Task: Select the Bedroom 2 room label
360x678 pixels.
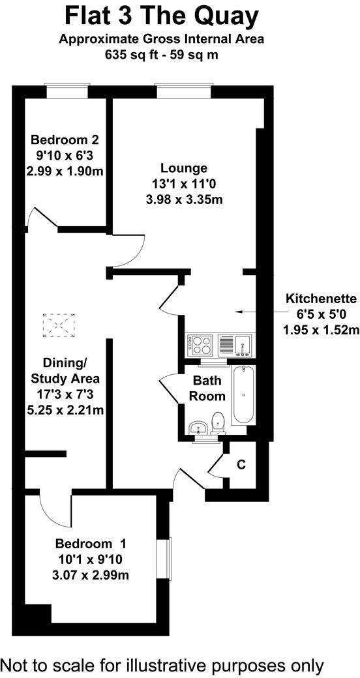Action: (x=65, y=140)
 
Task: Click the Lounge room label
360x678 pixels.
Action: (x=185, y=168)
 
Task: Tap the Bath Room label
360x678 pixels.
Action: (x=208, y=388)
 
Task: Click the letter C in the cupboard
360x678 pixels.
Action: (x=241, y=465)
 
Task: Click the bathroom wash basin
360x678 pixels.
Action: (x=197, y=428)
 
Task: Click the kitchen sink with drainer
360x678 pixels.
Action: (x=235, y=344)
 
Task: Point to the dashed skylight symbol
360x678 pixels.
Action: (x=59, y=325)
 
